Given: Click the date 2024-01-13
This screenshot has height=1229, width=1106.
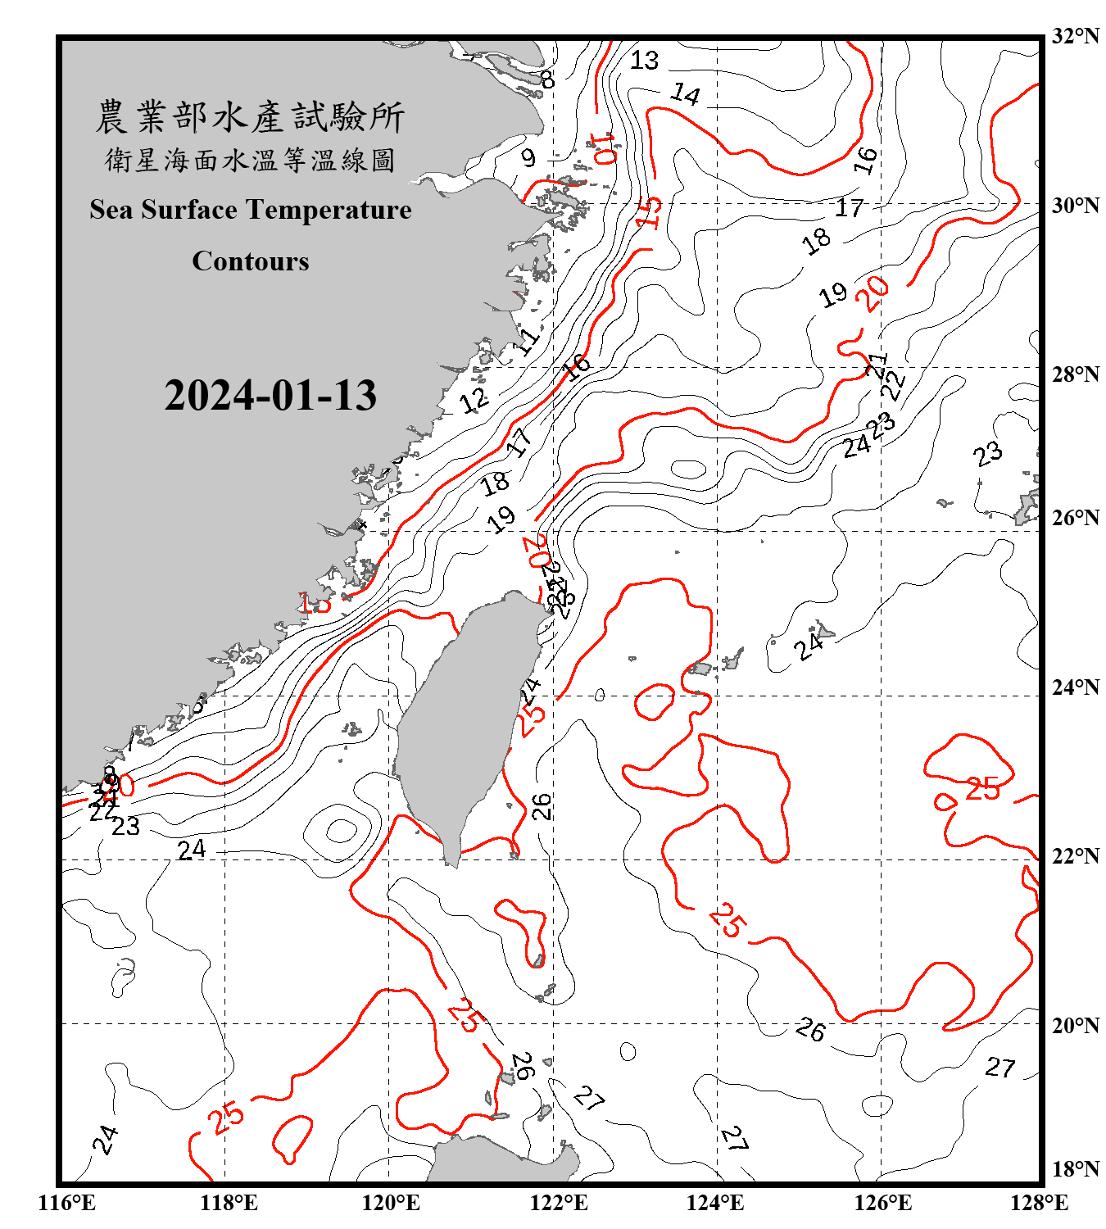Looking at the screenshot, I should (270, 396).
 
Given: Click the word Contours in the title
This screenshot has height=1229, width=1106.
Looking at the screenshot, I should (251, 261).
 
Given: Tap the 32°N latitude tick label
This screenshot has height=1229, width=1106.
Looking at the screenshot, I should (1075, 36).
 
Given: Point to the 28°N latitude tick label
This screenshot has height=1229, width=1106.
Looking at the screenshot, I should (1075, 374).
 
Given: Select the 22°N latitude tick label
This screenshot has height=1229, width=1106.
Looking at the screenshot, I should (1075, 856).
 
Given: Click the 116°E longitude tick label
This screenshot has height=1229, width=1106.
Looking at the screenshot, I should (67, 1203).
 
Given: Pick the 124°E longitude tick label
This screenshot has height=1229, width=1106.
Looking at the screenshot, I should (715, 1203).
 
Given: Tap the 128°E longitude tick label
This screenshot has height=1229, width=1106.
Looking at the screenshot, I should (1039, 1203).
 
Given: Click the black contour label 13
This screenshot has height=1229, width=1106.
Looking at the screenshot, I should (645, 60).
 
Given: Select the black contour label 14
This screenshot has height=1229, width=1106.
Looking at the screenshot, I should (686, 95).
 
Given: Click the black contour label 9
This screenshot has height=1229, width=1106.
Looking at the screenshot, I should (528, 157).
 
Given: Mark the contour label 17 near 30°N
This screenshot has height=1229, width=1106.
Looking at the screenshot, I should (850, 208).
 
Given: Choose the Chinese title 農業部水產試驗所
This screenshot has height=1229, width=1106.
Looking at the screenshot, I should (250, 117).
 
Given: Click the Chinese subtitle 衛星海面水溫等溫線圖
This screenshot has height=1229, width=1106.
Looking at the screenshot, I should (250, 160).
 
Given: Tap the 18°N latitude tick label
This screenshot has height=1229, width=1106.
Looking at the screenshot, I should (1075, 1169).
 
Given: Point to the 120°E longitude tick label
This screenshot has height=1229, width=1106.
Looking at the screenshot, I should (391, 1203).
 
